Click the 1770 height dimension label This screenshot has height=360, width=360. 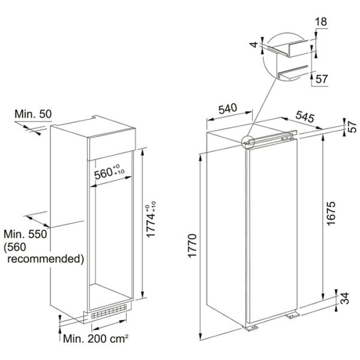click(192, 246)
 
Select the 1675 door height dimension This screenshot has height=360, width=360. click(331, 214)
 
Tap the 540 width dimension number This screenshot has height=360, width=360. click(227, 109)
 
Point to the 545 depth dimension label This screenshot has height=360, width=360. click(305, 116)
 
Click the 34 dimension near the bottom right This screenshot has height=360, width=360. click(344, 298)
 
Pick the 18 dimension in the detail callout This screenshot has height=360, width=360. click(321, 22)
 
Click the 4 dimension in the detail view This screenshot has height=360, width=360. click(254, 44)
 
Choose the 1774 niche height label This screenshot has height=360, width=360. click(151, 220)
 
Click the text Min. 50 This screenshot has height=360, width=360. click(33, 114)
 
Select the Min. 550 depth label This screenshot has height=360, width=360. click(25, 234)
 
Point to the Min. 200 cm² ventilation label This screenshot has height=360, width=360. click(95, 338)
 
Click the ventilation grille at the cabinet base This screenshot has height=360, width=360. click(109, 312)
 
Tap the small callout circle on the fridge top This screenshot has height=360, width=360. click(248, 142)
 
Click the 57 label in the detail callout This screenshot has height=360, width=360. click(322, 79)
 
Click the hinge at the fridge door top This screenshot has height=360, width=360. click(287, 137)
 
